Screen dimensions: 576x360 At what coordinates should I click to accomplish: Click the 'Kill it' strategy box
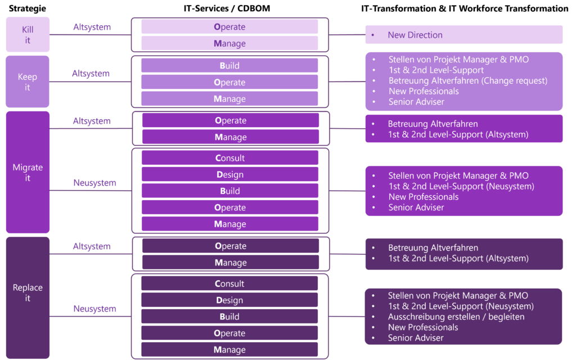tap(28, 34)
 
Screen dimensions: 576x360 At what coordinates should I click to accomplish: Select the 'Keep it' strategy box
tap(28, 82)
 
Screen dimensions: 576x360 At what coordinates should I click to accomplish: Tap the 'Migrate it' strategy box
tap(28, 172)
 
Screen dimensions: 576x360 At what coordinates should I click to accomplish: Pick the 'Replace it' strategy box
tap(28, 298)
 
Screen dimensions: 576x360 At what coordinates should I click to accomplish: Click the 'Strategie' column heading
tap(27, 8)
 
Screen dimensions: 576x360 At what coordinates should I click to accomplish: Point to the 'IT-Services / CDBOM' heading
tap(227, 8)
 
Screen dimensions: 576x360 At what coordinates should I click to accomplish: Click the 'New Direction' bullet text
tap(415, 35)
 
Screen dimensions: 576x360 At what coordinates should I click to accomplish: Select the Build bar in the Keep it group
tap(229, 65)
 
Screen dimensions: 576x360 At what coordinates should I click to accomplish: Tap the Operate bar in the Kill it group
tap(229, 27)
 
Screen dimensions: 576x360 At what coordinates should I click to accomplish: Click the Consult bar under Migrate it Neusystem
tap(230, 158)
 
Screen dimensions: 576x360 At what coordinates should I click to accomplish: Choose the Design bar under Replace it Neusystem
tap(229, 300)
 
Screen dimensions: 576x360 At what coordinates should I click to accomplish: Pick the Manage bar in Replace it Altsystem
tap(231, 262)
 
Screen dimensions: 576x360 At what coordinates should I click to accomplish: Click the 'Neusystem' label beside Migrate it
tap(94, 183)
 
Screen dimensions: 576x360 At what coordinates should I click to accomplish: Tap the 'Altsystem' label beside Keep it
tap(91, 74)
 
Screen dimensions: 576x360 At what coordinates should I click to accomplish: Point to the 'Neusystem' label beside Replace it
tap(94, 309)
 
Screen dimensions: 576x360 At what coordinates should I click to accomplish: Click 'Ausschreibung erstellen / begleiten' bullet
tap(456, 317)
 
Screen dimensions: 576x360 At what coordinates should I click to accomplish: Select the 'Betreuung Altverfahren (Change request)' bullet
tap(468, 80)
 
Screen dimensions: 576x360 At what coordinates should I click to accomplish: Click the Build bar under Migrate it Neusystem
tap(230, 191)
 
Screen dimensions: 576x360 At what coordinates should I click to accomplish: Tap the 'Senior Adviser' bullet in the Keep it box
tap(416, 102)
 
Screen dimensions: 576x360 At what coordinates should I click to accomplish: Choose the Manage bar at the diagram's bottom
tap(229, 349)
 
